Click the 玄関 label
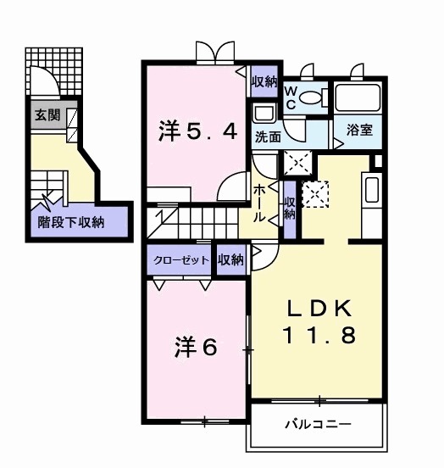pyautogui.click(x=47, y=115)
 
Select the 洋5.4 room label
pyautogui.click(x=199, y=131)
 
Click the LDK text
pyautogui.click(x=319, y=307)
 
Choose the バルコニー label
pyautogui.click(x=318, y=423)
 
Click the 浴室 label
pyautogui.click(x=359, y=130)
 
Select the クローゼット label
pyautogui.click(x=181, y=260)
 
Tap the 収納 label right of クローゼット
pyautogui.click(x=230, y=259)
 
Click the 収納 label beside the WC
pyautogui.click(x=264, y=82)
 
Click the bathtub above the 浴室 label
pyautogui.click(x=358, y=98)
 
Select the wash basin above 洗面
pyautogui.click(x=263, y=114)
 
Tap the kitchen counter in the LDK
pyautogui.click(x=372, y=194)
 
